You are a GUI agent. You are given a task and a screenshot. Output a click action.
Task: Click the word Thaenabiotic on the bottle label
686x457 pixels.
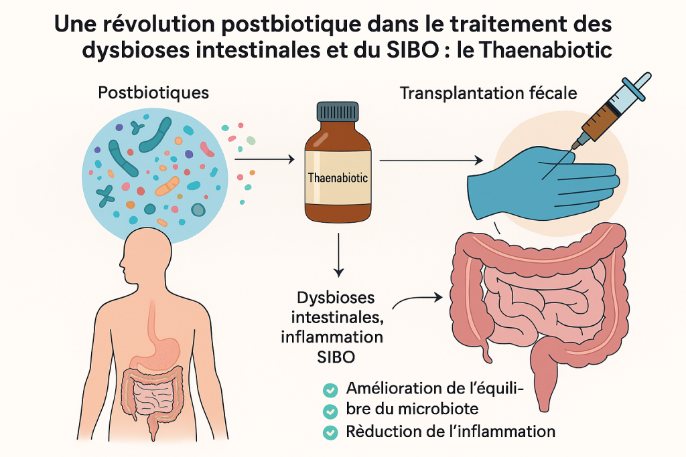tap(338, 179)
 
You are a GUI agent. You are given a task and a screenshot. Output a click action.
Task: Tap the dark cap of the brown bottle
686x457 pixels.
tap(338, 112)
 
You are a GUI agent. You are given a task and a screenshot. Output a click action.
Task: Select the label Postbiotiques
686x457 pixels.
tap(153, 92)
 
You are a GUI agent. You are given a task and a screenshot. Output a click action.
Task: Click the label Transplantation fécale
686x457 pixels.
tap(488, 93)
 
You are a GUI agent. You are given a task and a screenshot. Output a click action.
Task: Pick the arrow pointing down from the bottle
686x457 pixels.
tap(338, 254)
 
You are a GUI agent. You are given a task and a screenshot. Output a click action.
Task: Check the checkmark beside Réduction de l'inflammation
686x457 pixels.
tap(330, 432)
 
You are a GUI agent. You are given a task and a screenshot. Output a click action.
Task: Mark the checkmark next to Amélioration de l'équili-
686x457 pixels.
tap(330, 389)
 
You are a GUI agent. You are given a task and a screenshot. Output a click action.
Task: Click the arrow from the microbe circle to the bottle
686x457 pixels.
tap(265, 159)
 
